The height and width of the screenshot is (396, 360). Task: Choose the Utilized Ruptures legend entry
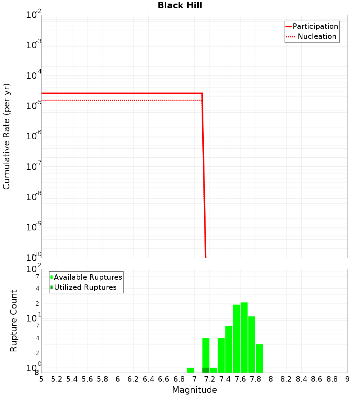[85, 287]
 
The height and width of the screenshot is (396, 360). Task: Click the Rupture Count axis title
[14, 321]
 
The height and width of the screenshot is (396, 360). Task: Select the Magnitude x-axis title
[194, 390]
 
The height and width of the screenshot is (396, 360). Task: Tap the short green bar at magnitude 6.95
[190, 370]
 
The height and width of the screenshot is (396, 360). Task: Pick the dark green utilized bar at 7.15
[206, 370]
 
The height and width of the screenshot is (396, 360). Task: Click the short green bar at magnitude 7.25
[213, 370]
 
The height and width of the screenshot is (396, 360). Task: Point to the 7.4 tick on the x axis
[225, 379]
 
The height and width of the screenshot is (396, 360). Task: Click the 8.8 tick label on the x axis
[332, 379]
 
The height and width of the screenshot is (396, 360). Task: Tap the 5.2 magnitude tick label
[57, 379]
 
